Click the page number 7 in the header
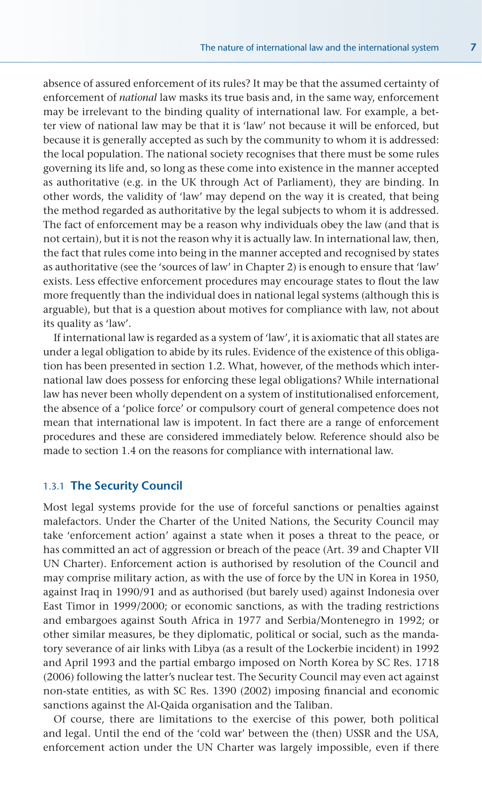click(473, 47)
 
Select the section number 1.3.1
click(54, 486)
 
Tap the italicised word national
click(138, 98)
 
